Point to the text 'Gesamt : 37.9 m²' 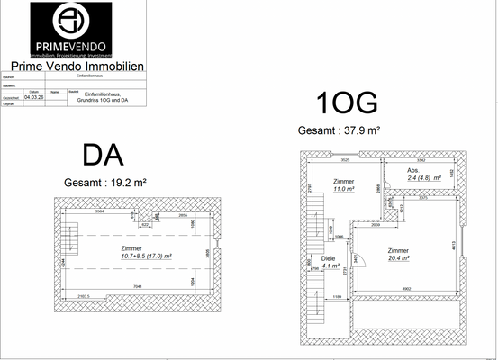point(339,130)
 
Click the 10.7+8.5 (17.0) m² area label point(134,256)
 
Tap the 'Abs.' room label point(413,170)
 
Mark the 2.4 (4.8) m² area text point(423,178)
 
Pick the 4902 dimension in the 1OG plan point(406,289)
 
